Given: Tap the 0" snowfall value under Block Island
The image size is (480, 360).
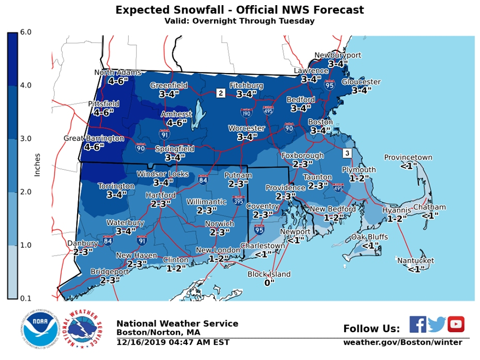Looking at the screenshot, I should tap(269, 283).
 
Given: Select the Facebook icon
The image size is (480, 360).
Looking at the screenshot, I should tap(418, 325).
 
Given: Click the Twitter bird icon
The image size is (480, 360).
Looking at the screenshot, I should tap(437, 325).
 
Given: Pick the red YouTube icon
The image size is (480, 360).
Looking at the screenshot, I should tap(456, 325).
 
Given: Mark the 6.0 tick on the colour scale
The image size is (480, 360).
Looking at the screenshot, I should tap(26, 32).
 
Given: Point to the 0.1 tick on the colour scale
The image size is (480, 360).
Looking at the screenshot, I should tap(26, 298).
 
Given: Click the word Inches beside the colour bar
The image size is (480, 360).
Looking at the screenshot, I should tap(37, 165).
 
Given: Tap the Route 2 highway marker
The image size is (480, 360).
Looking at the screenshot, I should tap(221, 93).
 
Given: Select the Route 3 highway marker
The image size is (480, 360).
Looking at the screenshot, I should tap(347, 153).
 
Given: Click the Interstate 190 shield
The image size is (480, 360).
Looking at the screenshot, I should tap(246, 113).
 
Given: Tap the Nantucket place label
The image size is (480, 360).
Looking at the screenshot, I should tap(415, 261).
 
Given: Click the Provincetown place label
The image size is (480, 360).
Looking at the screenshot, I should tap(408, 158).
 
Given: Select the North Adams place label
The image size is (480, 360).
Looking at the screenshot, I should tap(117, 73).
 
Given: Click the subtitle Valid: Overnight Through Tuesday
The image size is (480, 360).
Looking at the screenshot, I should tap(239, 21).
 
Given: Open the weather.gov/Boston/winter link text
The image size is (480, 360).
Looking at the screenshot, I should tap(403, 343).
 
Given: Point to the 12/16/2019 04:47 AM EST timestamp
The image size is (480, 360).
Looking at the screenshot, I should tap(173, 343).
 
